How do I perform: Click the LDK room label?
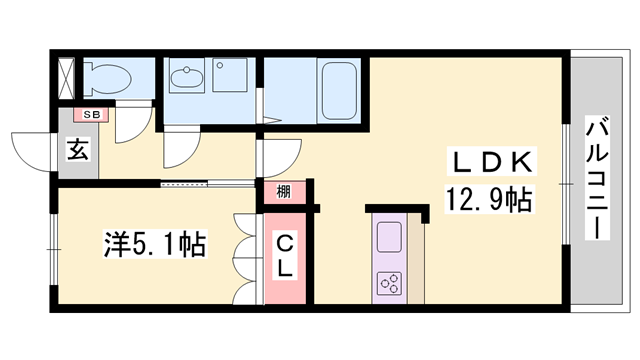(491, 162)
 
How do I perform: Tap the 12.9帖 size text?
(489, 199)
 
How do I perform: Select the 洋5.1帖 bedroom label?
(155, 244)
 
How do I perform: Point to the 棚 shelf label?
(284, 191)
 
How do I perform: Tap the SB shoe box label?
(91, 115)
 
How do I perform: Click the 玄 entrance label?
(78, 150)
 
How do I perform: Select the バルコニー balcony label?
(598, 178)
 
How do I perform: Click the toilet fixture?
(107, 78)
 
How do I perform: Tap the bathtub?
(339, 91)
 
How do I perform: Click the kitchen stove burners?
(389, 283)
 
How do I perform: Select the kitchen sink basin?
(389, 237)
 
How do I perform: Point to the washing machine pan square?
(230, 75)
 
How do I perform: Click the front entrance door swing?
(33, 151)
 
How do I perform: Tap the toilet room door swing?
(131, 124)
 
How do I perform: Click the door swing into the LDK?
(281, 158)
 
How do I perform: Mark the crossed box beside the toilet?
(66, 79)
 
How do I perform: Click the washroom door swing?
(182, 147)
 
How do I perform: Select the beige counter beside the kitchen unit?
(416, 260)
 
